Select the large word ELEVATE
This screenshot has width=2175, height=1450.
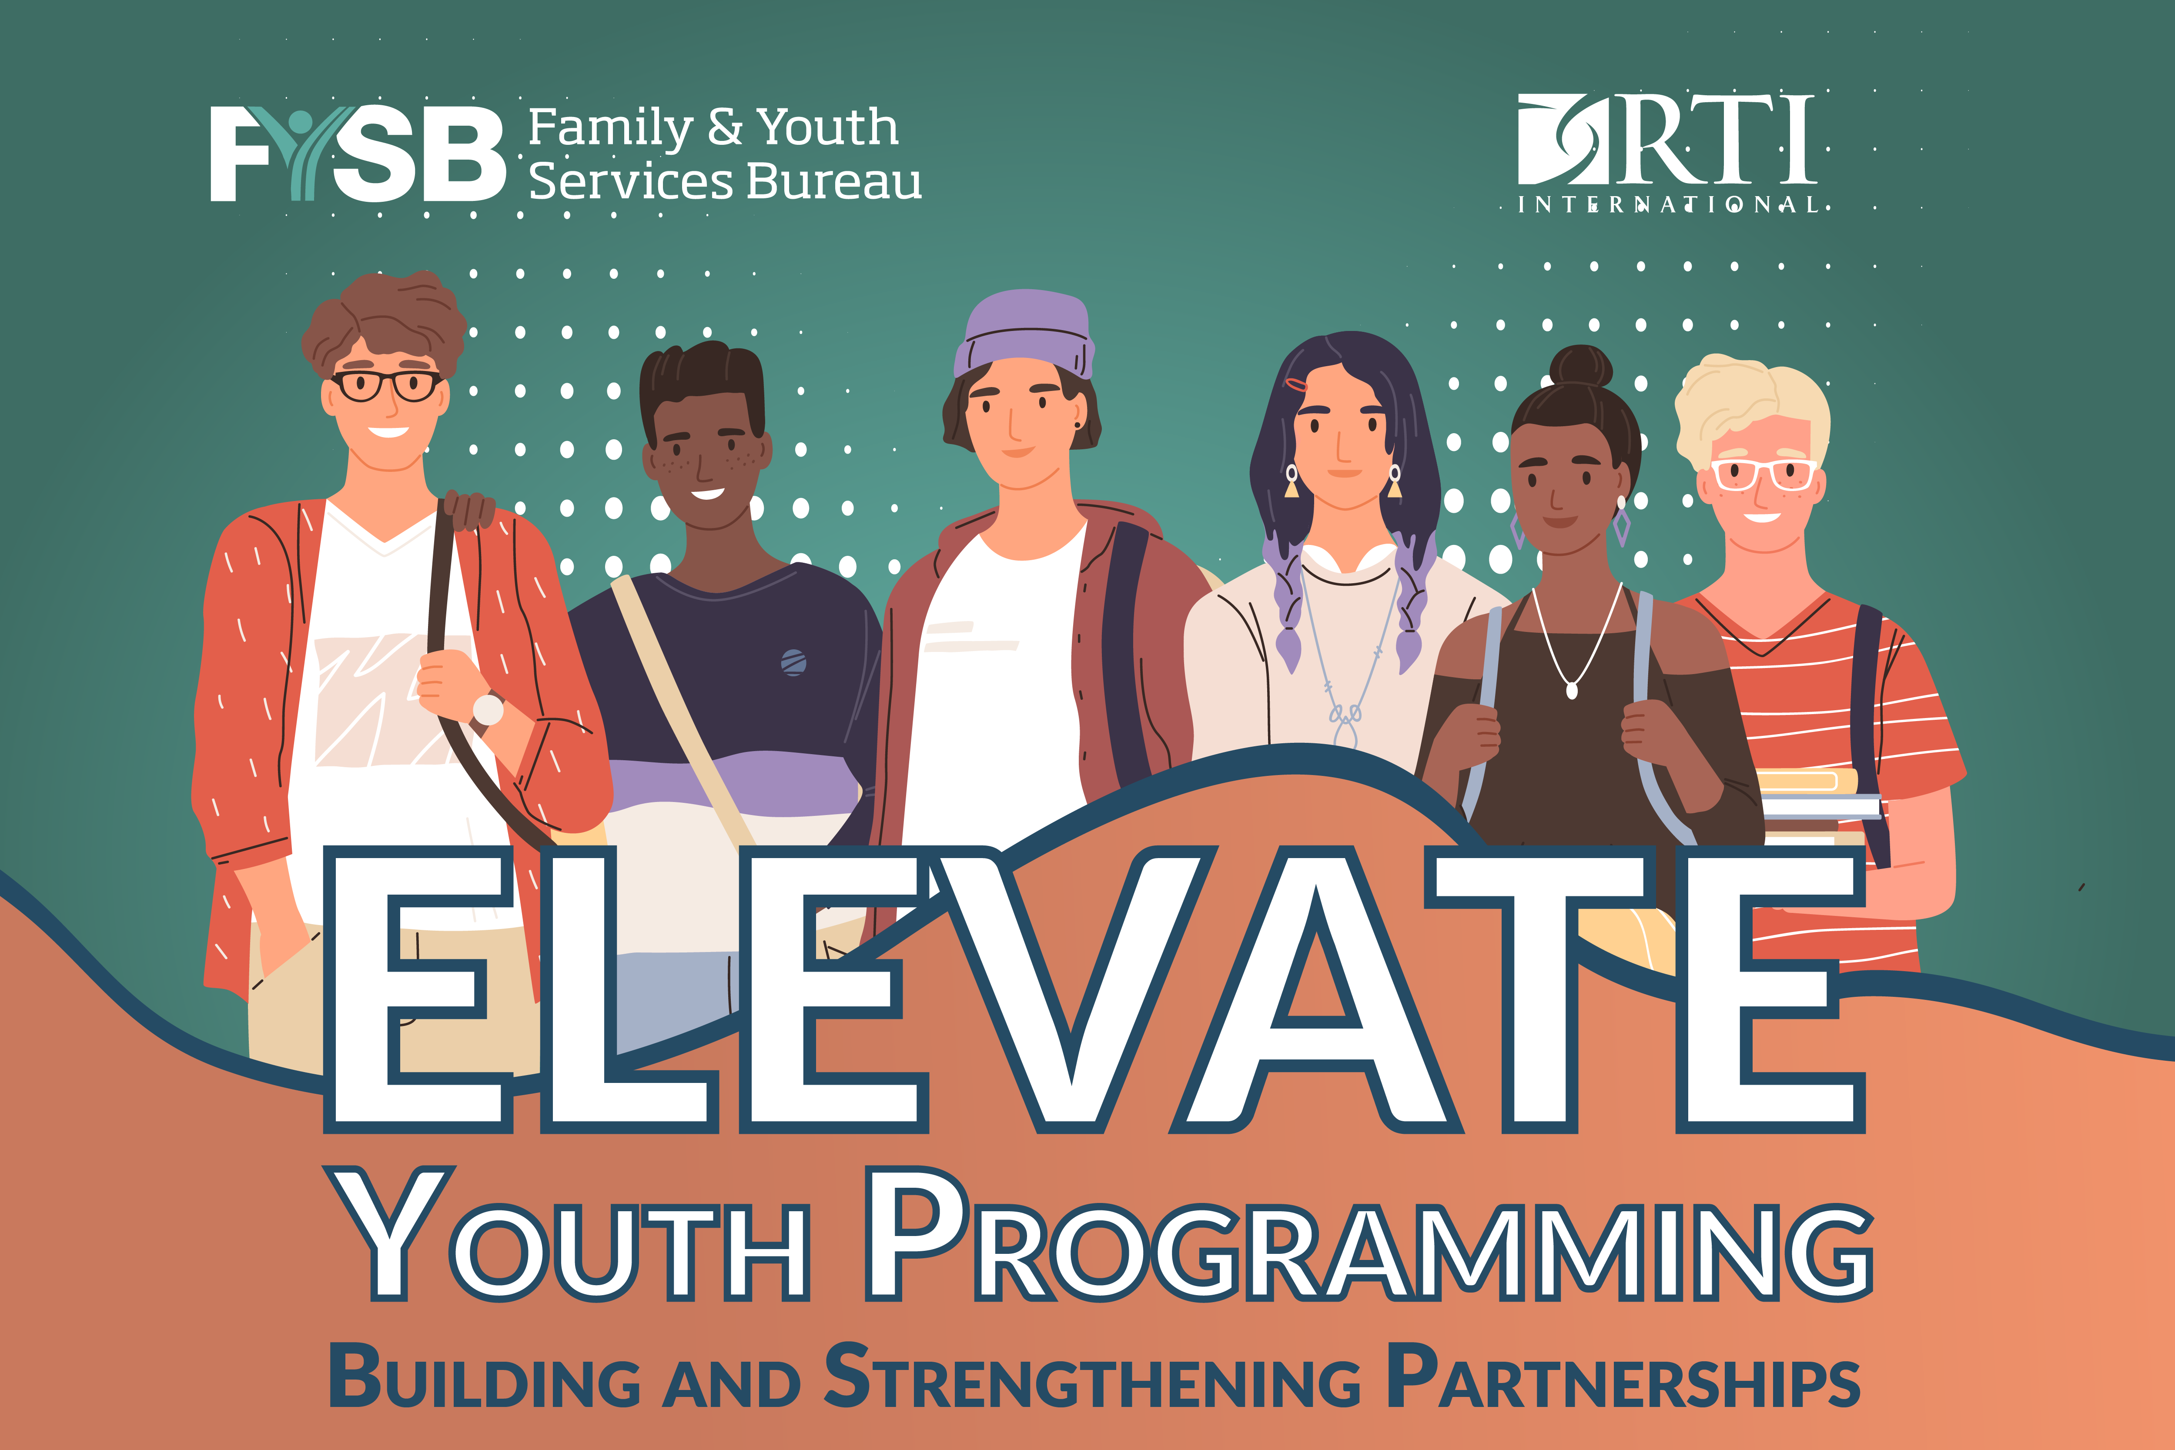(x=1094, y=989)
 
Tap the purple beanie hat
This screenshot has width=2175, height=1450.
(x=1024, y=333)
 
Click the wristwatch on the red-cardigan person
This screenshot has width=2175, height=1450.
(x=487, y=709)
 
